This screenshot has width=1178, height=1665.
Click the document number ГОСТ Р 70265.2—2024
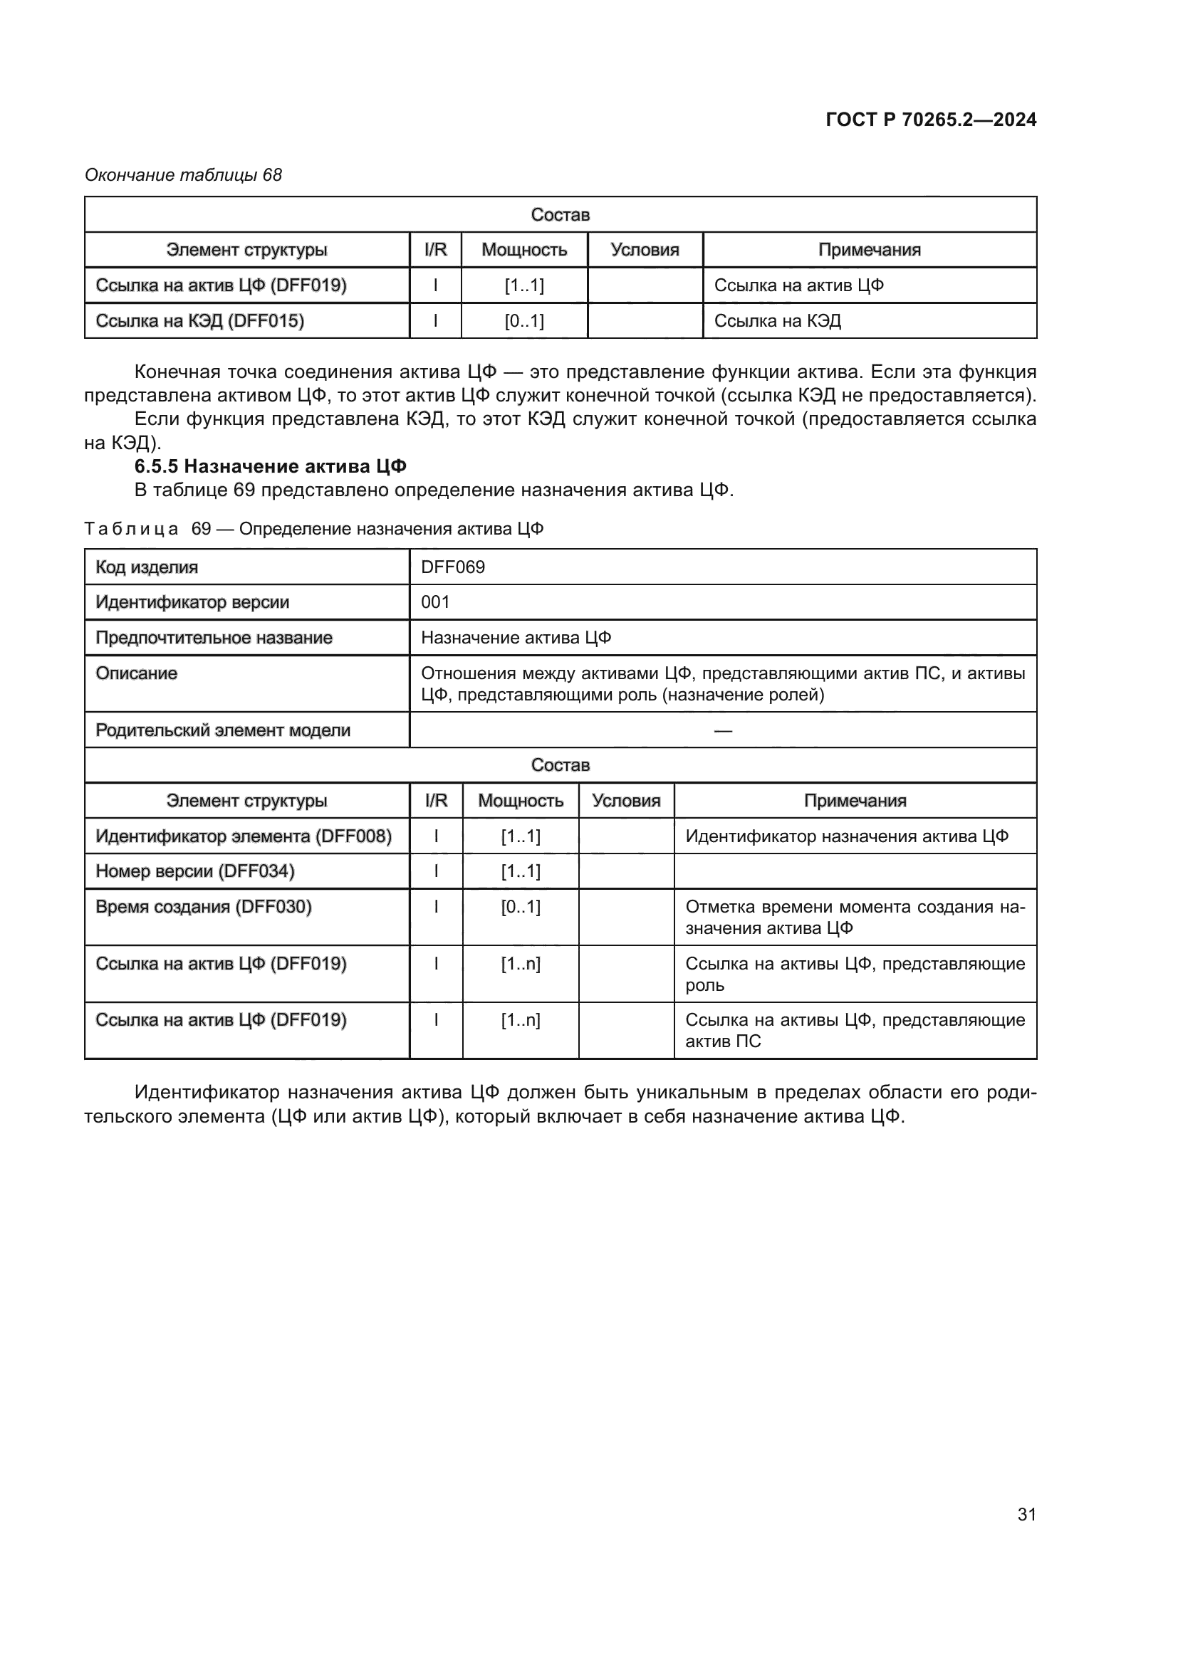click(x=931, y=120)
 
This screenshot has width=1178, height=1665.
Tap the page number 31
click(x=1026, y=1514)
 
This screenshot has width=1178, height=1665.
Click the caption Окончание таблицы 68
click(x=183, y=175)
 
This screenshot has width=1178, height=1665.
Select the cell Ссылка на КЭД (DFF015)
click(x=199, y=320)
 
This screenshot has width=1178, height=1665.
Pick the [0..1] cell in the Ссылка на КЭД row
click(x=523, y=320)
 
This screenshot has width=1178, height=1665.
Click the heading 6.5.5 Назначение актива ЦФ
click(x=270, y=466)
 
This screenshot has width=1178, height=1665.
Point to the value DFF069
click(x=453, y=567)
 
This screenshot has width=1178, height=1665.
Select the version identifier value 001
click(x=435, y=602)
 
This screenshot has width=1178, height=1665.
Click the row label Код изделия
click(x=147, y=567)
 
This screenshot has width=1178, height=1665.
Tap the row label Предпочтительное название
click(x=214, y=637)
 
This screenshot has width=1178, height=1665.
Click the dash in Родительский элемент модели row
click(x=722, y=730)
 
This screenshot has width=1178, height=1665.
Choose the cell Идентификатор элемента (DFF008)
click(x=244, y=836)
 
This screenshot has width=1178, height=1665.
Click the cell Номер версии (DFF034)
click(x=195, y=871)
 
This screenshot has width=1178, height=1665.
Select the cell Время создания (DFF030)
click(x=204, y=906)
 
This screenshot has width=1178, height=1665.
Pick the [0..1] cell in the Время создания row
click(x=520, y=906)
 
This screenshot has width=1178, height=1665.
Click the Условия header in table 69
click(x=626, y=801)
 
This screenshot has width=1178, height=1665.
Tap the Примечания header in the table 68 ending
click(x=869, y=250)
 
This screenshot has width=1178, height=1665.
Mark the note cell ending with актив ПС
click(x=855, y=1031)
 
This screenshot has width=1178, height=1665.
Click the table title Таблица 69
click(x=313, y=529)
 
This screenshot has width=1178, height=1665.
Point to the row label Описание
click(x=136, y=673)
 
